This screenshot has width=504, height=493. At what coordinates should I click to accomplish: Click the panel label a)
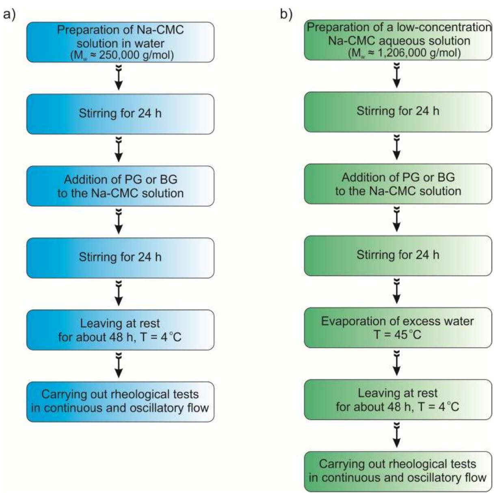tap(9, 15)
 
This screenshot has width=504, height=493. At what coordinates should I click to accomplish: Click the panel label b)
tap(286, 15)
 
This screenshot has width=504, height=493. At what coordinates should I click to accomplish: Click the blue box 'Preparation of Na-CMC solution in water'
tap(121, 42)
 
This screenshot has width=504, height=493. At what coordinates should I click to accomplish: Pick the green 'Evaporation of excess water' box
tap(398, 328)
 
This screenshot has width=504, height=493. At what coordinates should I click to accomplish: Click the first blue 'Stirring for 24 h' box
tap(121, 114)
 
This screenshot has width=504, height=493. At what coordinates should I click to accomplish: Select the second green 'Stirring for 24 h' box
tap(398, 256)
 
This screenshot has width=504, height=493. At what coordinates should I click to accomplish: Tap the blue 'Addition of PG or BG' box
tap(121, 186)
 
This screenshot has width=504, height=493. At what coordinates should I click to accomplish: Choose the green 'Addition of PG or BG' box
tap(398, 184)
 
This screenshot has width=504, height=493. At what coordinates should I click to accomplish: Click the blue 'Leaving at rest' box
tap(121, 330)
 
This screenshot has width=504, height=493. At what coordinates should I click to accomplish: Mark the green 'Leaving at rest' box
tap(398, 400)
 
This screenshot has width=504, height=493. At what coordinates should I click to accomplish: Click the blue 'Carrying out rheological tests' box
tap(121, 402)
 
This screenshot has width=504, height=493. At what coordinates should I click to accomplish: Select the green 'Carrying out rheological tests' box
tap(398, 472)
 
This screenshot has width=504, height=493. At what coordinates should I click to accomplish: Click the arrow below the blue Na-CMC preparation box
tap(119, 78)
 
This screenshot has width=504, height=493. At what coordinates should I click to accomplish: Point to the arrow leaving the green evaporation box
tap(396, 363)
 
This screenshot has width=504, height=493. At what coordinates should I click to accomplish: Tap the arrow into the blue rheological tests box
tap(119, 365)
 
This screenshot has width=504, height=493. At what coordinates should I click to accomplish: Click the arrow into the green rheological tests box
tap(396, 435)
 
